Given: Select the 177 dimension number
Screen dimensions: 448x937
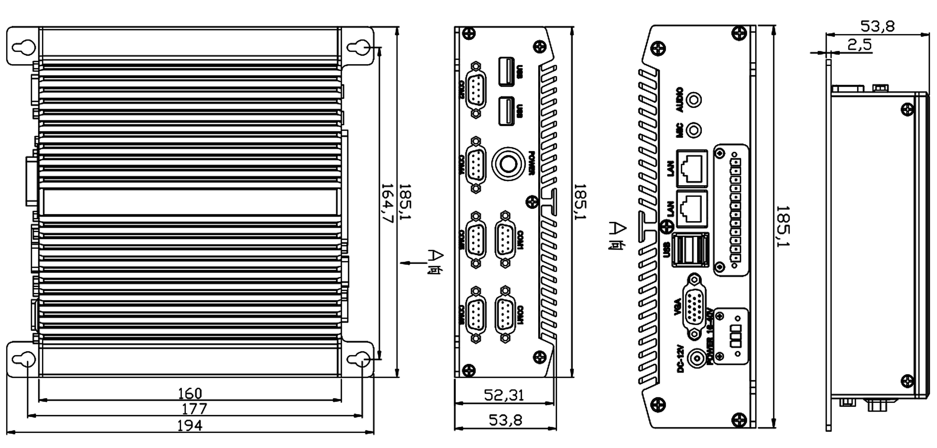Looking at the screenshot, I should (194, 409).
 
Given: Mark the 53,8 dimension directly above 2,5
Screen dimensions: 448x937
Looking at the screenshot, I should (877, 26).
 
